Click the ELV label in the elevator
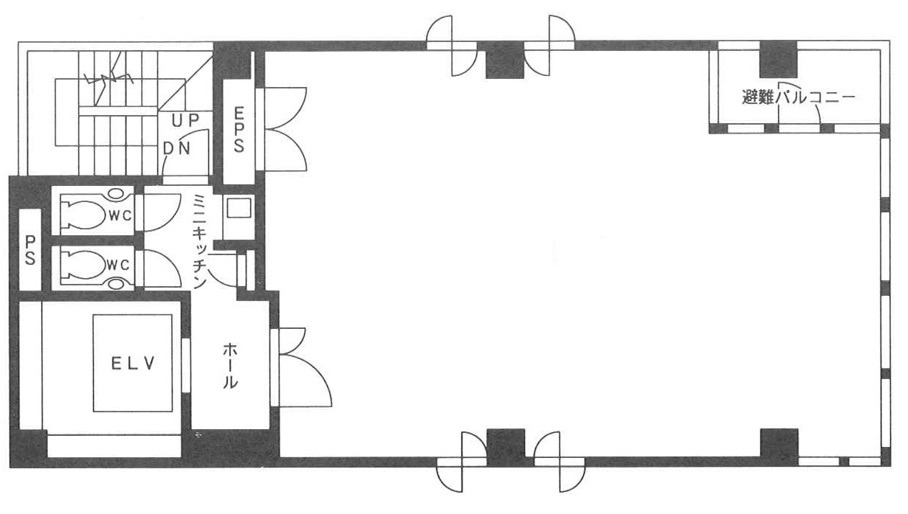pos(133,364)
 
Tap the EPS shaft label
pos(238,130)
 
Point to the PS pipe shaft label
pos(30,250)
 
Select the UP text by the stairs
pos(185,120)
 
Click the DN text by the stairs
pos(176,149)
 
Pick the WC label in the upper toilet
pos(120,216)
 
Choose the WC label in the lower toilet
pos(118,265)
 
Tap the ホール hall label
pos(230,365)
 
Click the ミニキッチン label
pos(200,241)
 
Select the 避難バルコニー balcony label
pos(798,98)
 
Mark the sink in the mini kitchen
pos(238,209)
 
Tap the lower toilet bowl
pos(84,265)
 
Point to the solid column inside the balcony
pos(778,60)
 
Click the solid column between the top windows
pos(505,60)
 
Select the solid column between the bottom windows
pos(506,448)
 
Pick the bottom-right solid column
pos(779,448)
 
